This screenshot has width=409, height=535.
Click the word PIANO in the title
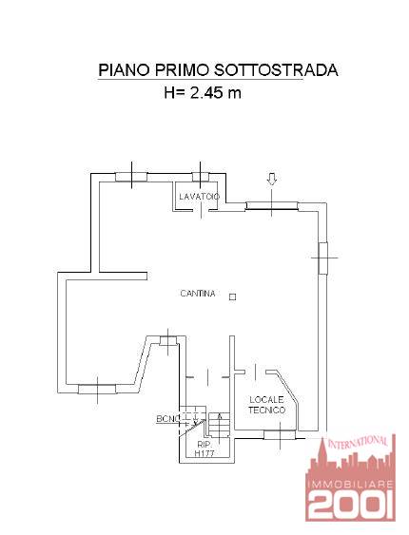(124, 70)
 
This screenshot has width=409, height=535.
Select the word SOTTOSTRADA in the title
(276, 70)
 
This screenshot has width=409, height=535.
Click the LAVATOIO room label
(200, 197)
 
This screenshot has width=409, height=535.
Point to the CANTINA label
(198, 294)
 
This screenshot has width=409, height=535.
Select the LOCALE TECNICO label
(266, 405)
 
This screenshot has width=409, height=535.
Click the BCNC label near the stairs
(168, 419)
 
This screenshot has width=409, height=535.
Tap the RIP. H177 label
(204, 449)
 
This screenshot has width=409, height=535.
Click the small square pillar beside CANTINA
(232, 296)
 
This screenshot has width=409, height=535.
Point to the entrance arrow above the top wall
(272, 179)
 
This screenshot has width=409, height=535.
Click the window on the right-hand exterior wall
(322, 258)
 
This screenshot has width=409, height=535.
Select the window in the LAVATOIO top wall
(201, 177)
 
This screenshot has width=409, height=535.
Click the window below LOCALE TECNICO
(280, 434)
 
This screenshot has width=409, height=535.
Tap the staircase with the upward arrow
(219, 425)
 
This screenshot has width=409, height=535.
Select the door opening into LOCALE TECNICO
(255, 372)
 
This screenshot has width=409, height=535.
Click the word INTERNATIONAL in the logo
(358, 442)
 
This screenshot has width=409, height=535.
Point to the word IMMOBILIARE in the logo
(351, 485)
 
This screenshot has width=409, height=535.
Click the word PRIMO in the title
(182, 70)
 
